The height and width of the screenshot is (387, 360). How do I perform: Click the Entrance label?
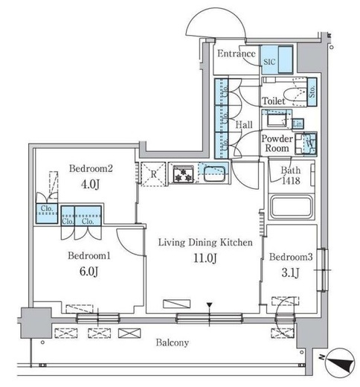coord(237,54)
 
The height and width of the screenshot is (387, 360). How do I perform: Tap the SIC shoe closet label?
coord(269,62)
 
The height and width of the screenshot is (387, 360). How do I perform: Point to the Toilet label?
coord(274,101)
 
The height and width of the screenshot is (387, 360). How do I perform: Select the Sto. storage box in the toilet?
coord(312,92)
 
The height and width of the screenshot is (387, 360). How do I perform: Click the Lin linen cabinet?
coord(298,124)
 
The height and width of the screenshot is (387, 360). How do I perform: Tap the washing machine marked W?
coord(306,144)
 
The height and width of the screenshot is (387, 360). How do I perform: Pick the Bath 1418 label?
coord(291,176)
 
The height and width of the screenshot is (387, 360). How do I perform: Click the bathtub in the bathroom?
coord(292,207)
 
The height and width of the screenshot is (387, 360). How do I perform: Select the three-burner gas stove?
coord(183,174)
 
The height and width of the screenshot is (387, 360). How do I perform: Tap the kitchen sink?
coord(214,173)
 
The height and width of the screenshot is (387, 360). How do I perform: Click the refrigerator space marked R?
coord(153,174)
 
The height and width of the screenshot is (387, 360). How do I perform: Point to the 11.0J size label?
coord(205,258)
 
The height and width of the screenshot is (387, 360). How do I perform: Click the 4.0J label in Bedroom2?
coord(91,185)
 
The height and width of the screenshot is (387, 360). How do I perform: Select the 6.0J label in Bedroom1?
coord(89,271)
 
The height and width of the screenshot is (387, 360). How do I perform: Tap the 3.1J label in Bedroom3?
coord(290,273)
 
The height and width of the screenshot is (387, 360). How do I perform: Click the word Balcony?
coord(173,343)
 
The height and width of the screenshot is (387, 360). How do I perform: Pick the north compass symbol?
coord(340,363)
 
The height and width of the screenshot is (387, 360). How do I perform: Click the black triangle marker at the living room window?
coord(210,305)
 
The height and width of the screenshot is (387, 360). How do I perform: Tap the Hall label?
coord(244,125)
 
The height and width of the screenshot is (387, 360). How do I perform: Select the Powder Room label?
coord(277,144)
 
